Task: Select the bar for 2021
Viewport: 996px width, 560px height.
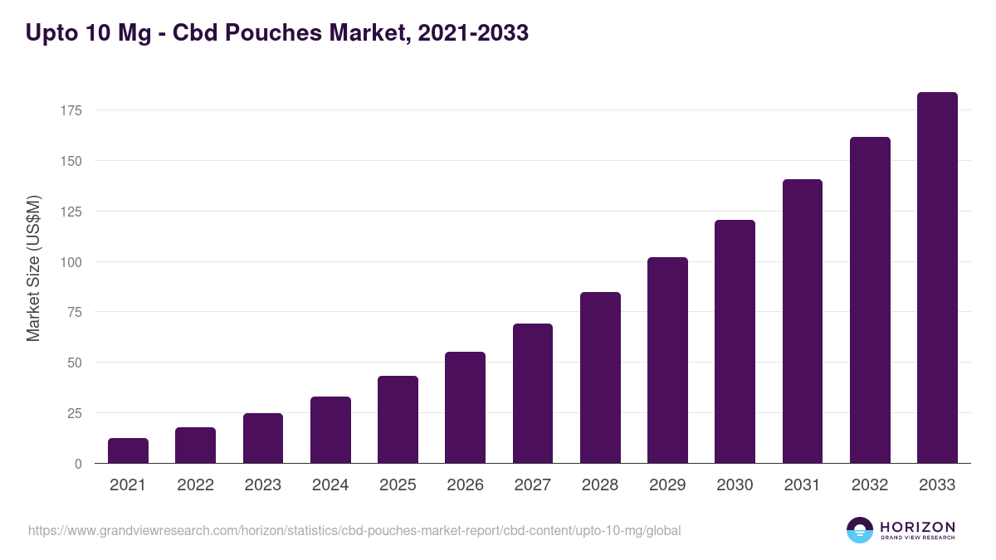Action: click(128, 450)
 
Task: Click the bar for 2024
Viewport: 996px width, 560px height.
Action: click(330, 430)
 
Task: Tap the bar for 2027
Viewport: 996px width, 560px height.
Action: click(533, 393)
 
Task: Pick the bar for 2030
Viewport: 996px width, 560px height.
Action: click(735, 342)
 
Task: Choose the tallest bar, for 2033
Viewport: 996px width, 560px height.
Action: click(937, 278)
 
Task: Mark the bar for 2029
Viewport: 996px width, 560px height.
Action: click(667, 360)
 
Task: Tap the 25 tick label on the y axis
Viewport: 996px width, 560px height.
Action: click(76, 413)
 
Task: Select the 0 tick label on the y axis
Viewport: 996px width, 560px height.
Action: click(79, 464)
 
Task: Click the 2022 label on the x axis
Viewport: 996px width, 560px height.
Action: click(195, 485)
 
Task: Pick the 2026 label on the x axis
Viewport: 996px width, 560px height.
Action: click(465, 485)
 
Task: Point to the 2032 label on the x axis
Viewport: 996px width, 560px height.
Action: click(870, 485)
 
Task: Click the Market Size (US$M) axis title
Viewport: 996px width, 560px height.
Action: click(33, 267)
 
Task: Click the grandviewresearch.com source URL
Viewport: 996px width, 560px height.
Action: click(354, 530)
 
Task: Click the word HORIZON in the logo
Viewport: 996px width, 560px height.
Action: click(917, 527)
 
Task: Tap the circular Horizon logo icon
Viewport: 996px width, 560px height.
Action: click(860, 530)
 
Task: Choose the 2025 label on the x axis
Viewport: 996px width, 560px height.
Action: click(398, 485)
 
